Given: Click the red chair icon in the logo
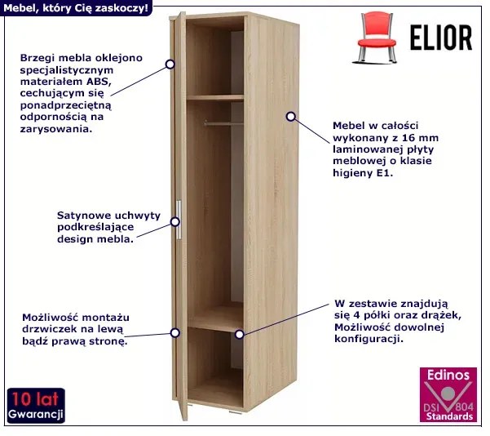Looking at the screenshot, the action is (x=375, y=38).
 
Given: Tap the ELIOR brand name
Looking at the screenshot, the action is (x=441, y=38).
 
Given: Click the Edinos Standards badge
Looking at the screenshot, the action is (x=448, y=394).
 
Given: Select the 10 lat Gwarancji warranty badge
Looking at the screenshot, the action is (x=36, y=406).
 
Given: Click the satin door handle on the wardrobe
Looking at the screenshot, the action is (x=179, y=220).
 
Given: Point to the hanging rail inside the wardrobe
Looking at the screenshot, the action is (x=223, y=124).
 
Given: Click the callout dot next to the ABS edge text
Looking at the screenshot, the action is (x=170, y=65).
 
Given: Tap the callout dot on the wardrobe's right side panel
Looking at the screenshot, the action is (x=291, y=117).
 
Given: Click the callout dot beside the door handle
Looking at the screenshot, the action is (x=175, y=222).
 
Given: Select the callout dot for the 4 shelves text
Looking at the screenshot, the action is (x=240, y=334).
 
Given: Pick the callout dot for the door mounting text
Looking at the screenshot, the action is (x=175, y=332).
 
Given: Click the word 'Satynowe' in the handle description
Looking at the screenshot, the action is (x=84, y=216).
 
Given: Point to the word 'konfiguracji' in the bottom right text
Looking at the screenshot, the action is (x=367, y=339).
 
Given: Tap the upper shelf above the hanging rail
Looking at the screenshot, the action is (x=214, y=98).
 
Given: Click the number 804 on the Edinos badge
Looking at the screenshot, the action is (x=465, y=407).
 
